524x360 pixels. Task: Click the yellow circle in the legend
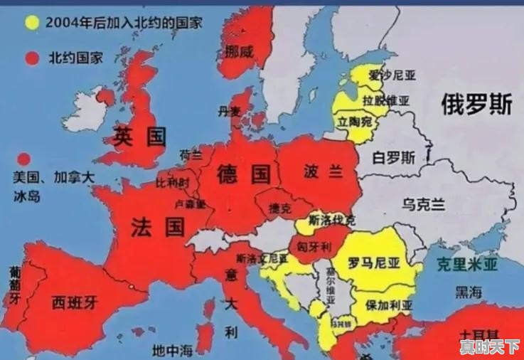[x=31, y=22]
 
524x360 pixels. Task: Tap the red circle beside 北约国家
[x=31, y=58]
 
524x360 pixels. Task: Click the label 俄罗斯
[x=476, y=105]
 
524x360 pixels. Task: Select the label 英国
[x=140, y=137]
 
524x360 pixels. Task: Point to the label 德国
[x=244, y=173]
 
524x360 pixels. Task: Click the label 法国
[x=158, y=227]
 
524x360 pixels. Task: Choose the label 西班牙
[x=74, y=304]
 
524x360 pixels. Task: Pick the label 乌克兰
[x=424, y=205]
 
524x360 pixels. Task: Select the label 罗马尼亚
[x=373, y=263]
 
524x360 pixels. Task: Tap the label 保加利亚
[x=389, y=305]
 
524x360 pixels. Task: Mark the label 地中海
[x=173, y=350]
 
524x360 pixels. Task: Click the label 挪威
[x=238, y=51]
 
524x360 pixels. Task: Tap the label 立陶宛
[x=355, y=122]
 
